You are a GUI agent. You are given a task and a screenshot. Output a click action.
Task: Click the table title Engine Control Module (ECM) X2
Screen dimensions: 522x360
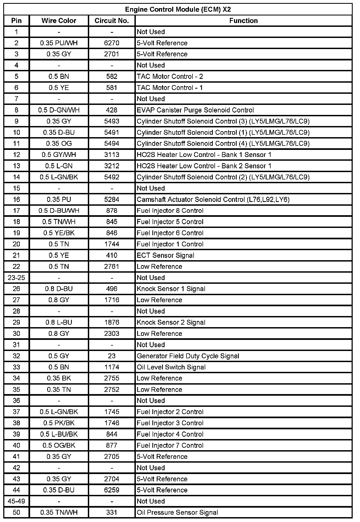point(178,9)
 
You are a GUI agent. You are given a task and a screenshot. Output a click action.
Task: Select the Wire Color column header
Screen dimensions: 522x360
point(59,21)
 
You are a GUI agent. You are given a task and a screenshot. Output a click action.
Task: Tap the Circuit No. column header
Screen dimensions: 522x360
point(112,21)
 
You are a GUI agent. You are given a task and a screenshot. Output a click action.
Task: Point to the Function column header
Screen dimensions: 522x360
point(243,21)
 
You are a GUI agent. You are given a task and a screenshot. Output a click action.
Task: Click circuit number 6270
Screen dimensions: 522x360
point(112,43)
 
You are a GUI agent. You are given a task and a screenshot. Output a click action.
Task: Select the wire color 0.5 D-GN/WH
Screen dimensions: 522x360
point(59,110)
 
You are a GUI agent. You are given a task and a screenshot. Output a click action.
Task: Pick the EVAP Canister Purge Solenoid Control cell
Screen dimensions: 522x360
point(195,110)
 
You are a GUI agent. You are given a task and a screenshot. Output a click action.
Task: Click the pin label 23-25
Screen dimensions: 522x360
point(16,278)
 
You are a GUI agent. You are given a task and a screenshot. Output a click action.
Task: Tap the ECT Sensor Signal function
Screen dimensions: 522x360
point(165,255)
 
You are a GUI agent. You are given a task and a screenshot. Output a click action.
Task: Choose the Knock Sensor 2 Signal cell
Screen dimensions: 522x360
point(171,323)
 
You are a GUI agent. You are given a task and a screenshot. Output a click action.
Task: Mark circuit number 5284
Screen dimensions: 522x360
point(112,200)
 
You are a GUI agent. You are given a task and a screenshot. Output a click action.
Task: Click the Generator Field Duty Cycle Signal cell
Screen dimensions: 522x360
point(188,356)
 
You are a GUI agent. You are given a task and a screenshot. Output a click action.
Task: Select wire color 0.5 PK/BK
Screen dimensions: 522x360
point(59,423)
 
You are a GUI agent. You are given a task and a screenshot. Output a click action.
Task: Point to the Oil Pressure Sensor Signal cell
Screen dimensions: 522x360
point(177,513)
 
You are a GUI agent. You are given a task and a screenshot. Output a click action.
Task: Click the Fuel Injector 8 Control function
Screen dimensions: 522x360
point(170,211)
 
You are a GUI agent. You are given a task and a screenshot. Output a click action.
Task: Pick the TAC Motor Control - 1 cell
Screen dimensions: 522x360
point(170,88)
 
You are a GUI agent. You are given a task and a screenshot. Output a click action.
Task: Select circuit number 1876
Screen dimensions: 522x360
point(112,323)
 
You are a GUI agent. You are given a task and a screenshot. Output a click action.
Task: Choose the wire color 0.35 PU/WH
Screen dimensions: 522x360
point(59,43)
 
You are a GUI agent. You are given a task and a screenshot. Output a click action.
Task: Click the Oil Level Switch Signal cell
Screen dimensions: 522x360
point(171,367)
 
